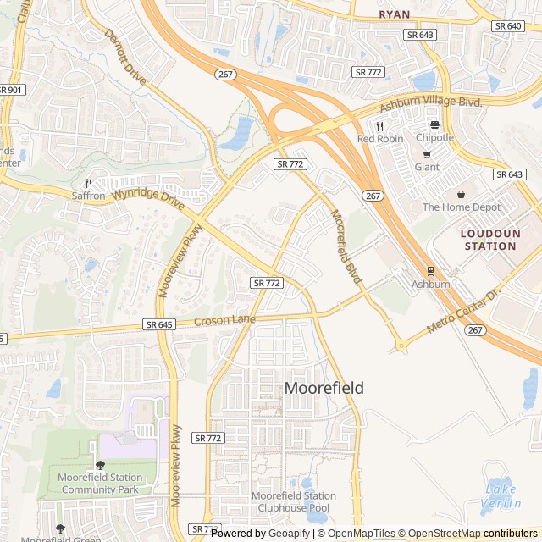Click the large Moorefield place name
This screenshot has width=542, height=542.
point(324,388)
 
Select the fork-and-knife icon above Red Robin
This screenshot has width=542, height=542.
point(380,126)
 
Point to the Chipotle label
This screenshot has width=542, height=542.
point(434,137)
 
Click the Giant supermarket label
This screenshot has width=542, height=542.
point(427,167)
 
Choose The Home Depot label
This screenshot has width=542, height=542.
point(462,207)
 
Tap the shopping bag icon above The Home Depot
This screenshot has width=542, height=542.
point(462,194)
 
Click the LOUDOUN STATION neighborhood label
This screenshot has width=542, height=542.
point(489,239)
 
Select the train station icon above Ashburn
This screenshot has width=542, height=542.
point(431,271)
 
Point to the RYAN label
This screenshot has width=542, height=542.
point(394,14)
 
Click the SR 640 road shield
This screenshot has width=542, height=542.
point(508,26)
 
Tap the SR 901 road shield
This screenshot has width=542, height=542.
point(10,90)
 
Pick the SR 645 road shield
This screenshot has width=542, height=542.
point(159,324)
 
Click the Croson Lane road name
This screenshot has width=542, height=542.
point(224,320)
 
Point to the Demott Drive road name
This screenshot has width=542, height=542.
point(125,58)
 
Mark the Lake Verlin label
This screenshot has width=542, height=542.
point(501,496)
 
